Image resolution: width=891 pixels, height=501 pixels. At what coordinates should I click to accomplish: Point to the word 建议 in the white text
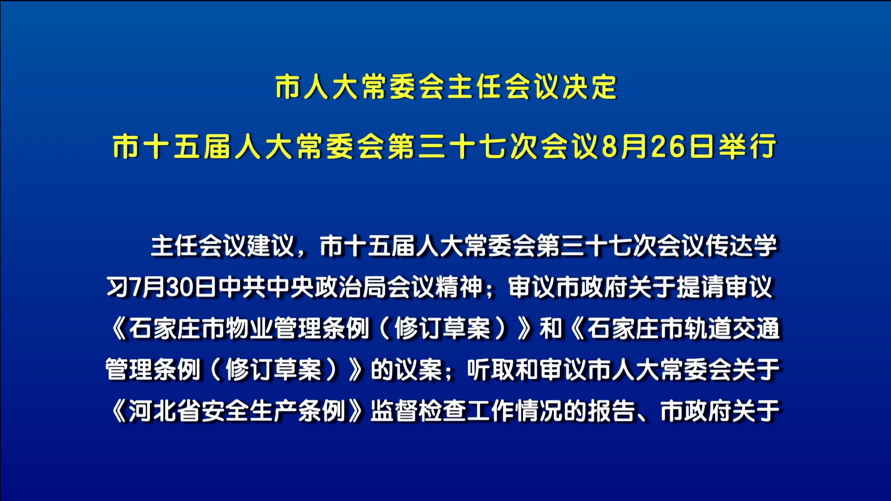pos(271,246)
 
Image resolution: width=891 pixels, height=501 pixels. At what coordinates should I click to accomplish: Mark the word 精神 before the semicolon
pos(459,287)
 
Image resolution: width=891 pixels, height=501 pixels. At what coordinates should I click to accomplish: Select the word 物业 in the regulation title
pos(249,328)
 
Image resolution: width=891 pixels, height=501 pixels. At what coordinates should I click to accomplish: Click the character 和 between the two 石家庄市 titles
pos(550,328)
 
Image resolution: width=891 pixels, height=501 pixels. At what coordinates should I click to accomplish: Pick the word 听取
pos(491,370)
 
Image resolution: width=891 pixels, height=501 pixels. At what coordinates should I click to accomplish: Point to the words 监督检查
pos(419,411)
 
